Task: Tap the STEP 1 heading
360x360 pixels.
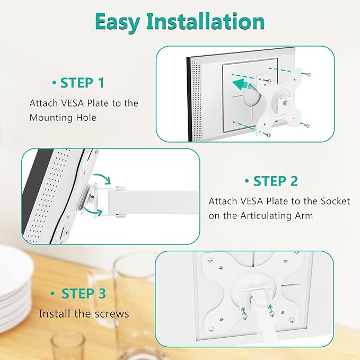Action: click(x=82, y=83)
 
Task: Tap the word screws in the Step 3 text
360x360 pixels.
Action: click(x=111, y=314)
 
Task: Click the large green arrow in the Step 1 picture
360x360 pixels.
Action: click(x=245, y=83)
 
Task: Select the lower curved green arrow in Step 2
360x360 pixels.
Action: click(x=96, y=212)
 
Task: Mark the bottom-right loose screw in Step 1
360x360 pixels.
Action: click(x=307, y=125)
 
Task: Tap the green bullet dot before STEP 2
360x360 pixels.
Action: click(x=247, y=181)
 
